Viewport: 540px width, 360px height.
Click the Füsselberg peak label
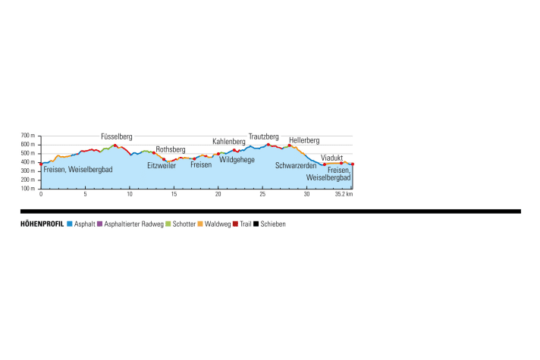point(116,137)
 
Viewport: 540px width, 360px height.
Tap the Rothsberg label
point(170,149)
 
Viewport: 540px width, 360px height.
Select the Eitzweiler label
point(161,165)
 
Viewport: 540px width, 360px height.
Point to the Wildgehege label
point(236,160)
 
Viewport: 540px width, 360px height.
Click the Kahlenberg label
point(228,141)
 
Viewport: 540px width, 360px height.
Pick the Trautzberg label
point(264,136)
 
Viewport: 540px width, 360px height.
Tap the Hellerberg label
point(304,140)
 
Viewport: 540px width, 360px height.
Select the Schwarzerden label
point(295,165)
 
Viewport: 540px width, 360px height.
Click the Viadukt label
point(332,158)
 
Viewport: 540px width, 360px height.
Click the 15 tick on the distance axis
point(174,194)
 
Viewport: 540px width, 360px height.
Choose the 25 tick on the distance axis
point(262,194)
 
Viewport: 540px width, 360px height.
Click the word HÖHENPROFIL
point(42,224)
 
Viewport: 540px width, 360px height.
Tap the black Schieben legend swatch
point(257,224)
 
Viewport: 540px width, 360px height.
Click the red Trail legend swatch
point(237,224)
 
